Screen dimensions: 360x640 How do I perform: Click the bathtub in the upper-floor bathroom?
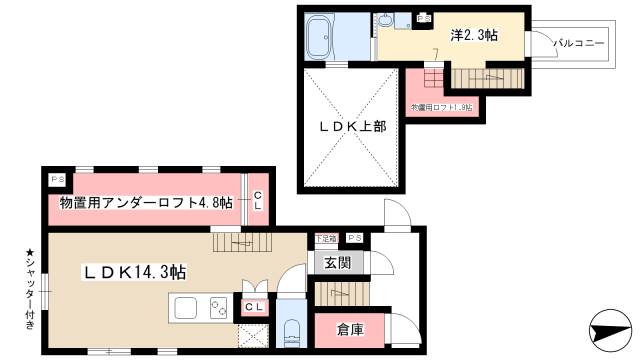(x=323, y=39)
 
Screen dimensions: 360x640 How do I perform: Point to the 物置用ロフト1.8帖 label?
(x=442, y=106)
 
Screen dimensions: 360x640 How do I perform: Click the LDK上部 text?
(x=352, y=127)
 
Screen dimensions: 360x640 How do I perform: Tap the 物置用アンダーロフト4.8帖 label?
(x=146, y=203)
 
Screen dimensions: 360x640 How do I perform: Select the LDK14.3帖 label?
(x=134, y=270)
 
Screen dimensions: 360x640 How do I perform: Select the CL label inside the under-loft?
(x=258, y=201)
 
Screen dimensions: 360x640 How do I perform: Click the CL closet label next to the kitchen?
(x=255, y=308)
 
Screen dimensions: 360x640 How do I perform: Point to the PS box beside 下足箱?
(x=355, y=239)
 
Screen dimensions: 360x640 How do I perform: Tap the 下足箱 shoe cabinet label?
(x=325, y=239)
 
